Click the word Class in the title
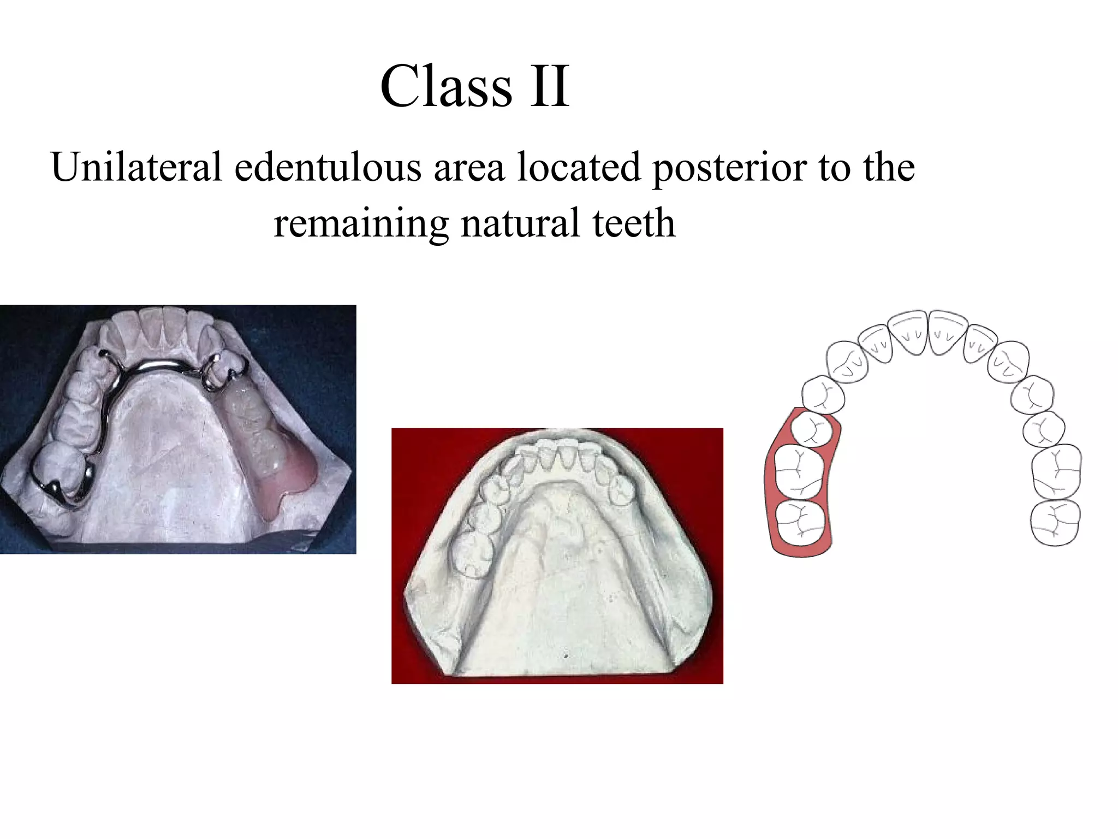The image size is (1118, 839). click(x=446, y=86)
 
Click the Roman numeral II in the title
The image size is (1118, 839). click(x=550, y=86)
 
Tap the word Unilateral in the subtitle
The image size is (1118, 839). click(x=136, y=167)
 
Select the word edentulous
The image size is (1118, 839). click(x=328, y=167)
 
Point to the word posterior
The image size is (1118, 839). click(x=729, y=168)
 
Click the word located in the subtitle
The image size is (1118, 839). click(x=578, y=167)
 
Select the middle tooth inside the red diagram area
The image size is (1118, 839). click(x=799, y=473)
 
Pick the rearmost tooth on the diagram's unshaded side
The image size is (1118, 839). click(x=1055, y=523)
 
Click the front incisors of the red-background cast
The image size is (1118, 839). click(x=557, y=456)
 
